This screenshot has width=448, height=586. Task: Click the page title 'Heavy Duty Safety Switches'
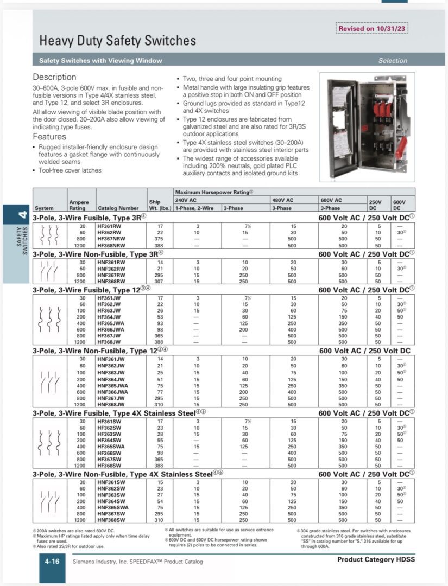[117, 41]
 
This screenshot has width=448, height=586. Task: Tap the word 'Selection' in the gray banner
[393, 61]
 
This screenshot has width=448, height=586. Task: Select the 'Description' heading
[54, 77]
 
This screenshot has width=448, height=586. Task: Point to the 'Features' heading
[49, 137]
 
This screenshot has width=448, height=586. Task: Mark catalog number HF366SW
[110, 453]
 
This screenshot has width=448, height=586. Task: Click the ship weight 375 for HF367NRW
[161, 239]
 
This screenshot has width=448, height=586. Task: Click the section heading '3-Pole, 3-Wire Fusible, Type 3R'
[90, 217]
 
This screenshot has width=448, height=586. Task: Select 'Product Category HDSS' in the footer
[376, 559]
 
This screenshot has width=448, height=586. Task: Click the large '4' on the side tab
[22, 215]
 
